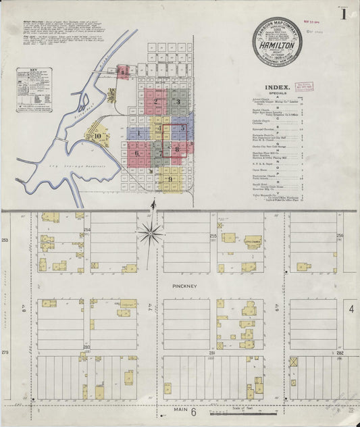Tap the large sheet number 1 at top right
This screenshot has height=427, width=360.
coord(344,14)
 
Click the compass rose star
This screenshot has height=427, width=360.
coord(150,234)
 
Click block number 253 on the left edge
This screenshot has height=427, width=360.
coord(5,240)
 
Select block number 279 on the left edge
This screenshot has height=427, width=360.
coord(5,351)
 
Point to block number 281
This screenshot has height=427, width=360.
coord(211,352)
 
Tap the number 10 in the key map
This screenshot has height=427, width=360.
coord(98,135)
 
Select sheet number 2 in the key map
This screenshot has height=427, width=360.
coord(155,102)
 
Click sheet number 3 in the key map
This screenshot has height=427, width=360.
coord(178,102)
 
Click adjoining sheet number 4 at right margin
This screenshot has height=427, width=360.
coord(351,309)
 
